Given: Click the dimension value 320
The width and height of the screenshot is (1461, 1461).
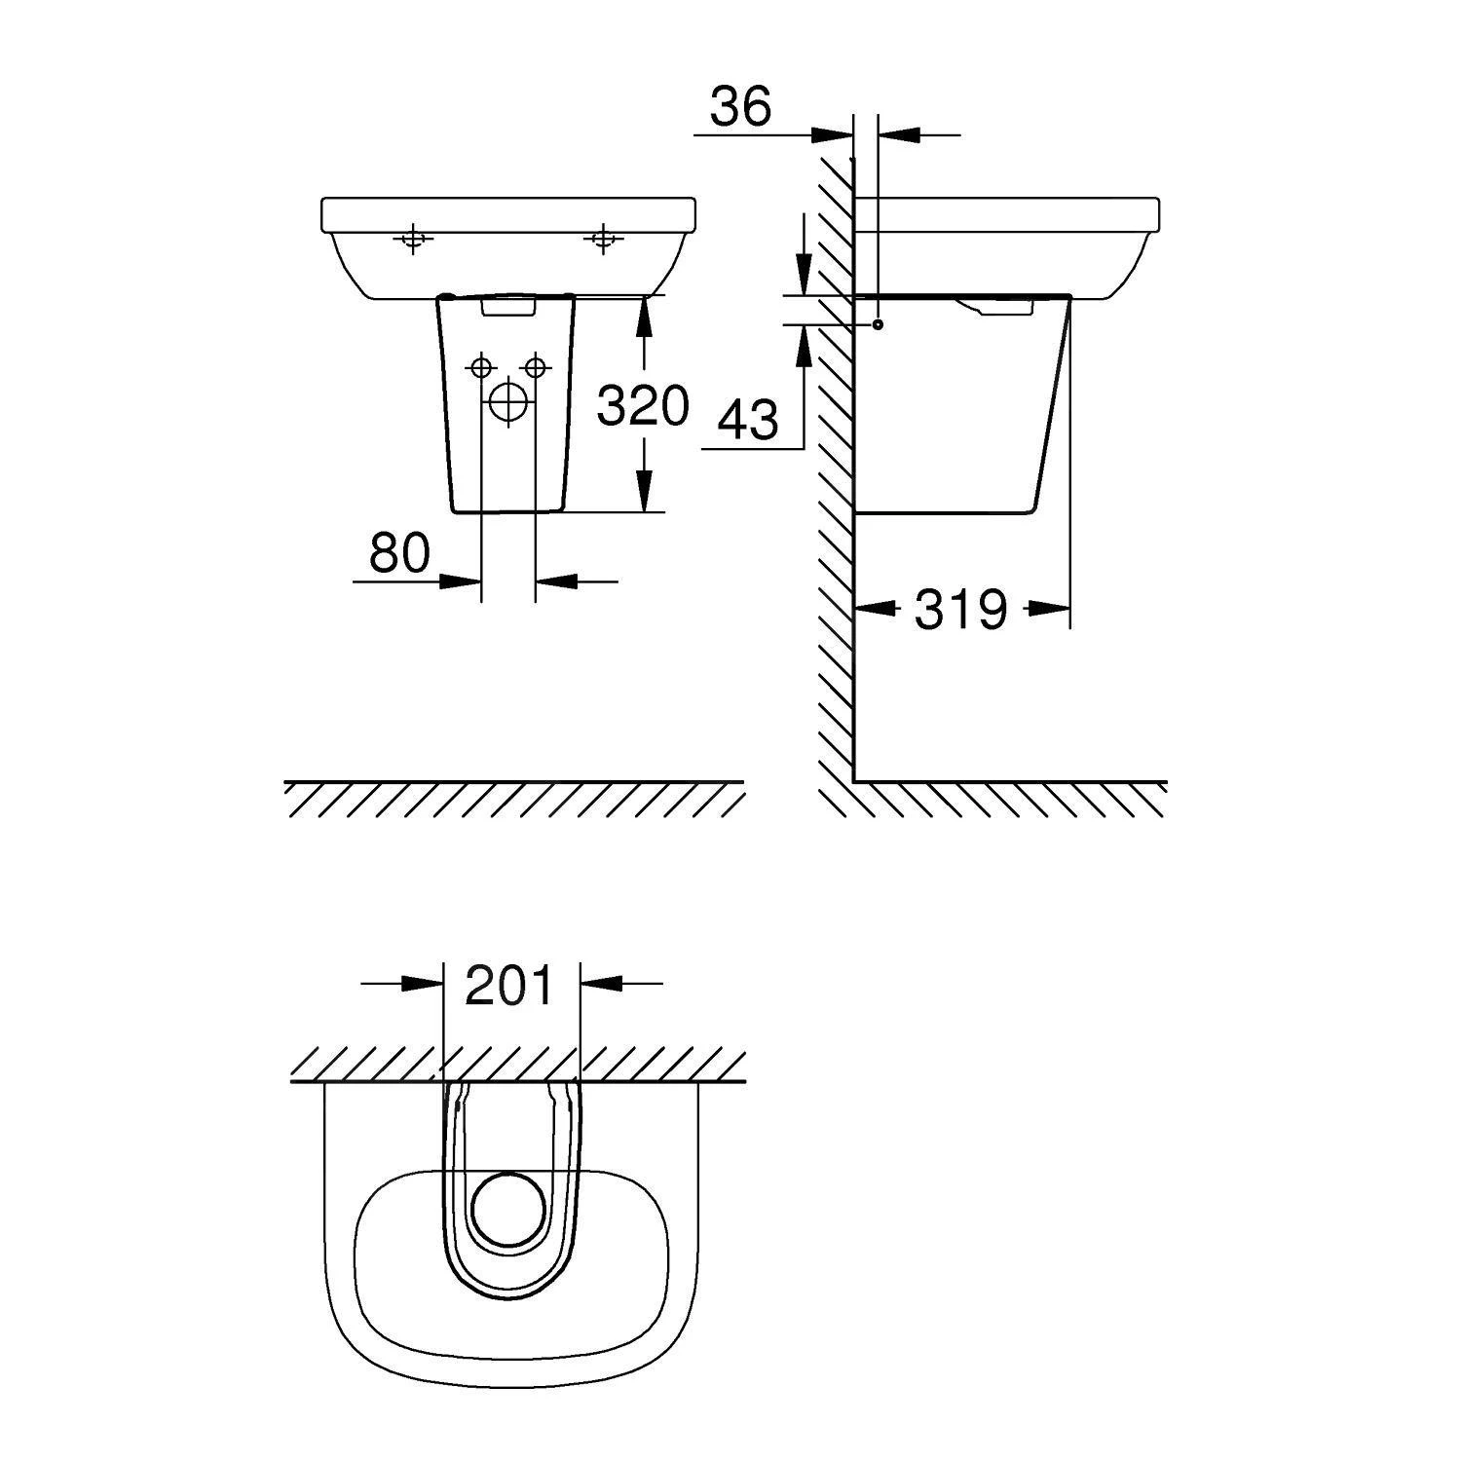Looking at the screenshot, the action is [x=643, y=405].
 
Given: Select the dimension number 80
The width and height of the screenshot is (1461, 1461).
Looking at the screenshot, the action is [x=399, y=553].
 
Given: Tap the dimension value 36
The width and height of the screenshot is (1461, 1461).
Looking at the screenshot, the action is [x=740, y=106].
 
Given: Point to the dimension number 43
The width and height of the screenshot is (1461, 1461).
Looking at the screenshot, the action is [x=749, y=420].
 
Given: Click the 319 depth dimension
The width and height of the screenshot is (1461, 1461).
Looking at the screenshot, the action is [x=959, y=610].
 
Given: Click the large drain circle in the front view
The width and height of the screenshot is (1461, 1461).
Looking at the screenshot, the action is [x=506, y=402].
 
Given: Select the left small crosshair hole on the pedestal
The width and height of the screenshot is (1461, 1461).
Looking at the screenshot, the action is [x=480, y=367].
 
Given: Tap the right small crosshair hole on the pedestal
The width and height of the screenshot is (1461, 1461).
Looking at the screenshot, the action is [x=534, y=367].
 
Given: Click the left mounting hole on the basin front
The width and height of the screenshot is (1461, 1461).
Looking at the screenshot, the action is [x=413, y=238].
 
